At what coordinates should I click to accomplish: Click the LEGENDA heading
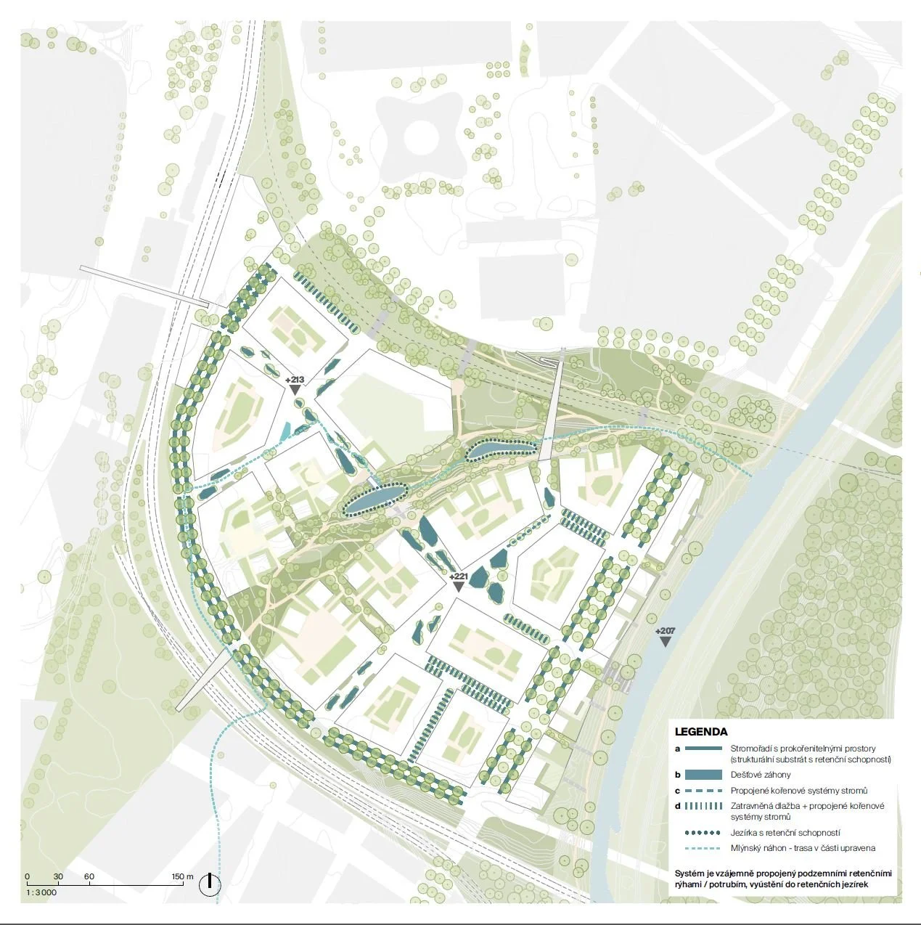click(x=700, y=732)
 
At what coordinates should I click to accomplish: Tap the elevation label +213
click(x=295, y=380)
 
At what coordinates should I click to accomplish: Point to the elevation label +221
click(x=459, y=576)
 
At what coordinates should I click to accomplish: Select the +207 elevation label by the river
click(x=664, y=631)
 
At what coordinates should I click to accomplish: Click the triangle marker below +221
click(x=459, y=587)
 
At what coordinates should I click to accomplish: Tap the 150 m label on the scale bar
click(x=182, y=876)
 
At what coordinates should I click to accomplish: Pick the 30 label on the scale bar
click(x=58, y=876)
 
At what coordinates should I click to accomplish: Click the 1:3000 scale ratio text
click(x=41, y=892)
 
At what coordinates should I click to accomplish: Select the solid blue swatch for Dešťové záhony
click(x=703, y=775)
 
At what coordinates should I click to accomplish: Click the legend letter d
click(x=677, y=806)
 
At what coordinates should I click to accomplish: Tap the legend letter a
click(x=677, y=749)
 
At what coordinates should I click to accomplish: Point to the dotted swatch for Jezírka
click(x=703, y=833)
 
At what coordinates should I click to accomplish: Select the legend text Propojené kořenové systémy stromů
click(x=799, y=791)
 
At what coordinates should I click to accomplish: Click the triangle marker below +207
click(x=663, y=642)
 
